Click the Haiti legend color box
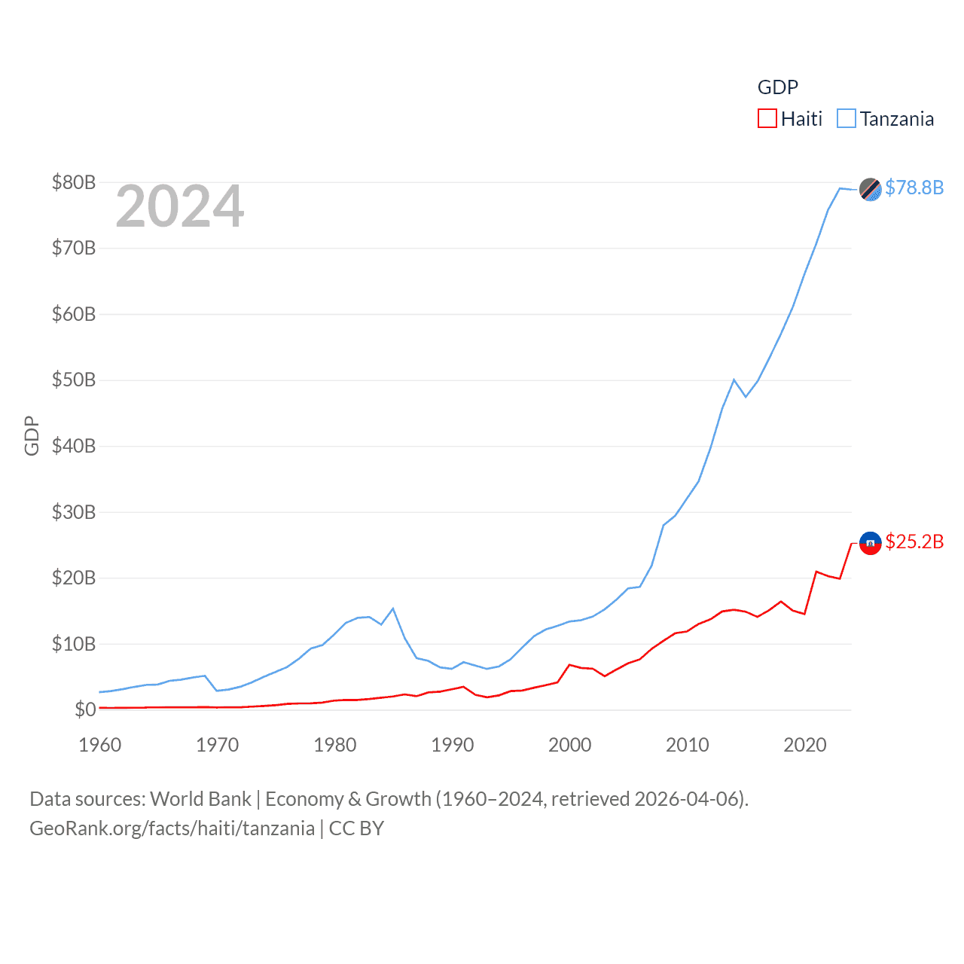tap(767, 119)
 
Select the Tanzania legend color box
tap(847, 119)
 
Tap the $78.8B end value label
tap(914, 188)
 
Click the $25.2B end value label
tap(914, 542)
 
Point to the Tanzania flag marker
tap(870, 190)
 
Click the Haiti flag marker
tap(870, 543)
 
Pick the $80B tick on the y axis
tap(74, 182)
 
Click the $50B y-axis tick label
tap(74, 380)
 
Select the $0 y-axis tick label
tap(84, 709)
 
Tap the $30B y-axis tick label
tap(74, 512)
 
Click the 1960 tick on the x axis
tap(100, 745)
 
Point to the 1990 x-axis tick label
tap(453, 745)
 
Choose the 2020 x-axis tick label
tap(805, 745)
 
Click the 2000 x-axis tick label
tap(570, 745)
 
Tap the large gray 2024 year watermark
tap(180, 206)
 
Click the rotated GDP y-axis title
tap(32, 435)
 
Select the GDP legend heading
tap(777, 87)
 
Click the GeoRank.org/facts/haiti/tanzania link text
tap(172, 828)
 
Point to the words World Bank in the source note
tap(200, 799)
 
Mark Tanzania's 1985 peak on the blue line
tap(393, 609)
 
